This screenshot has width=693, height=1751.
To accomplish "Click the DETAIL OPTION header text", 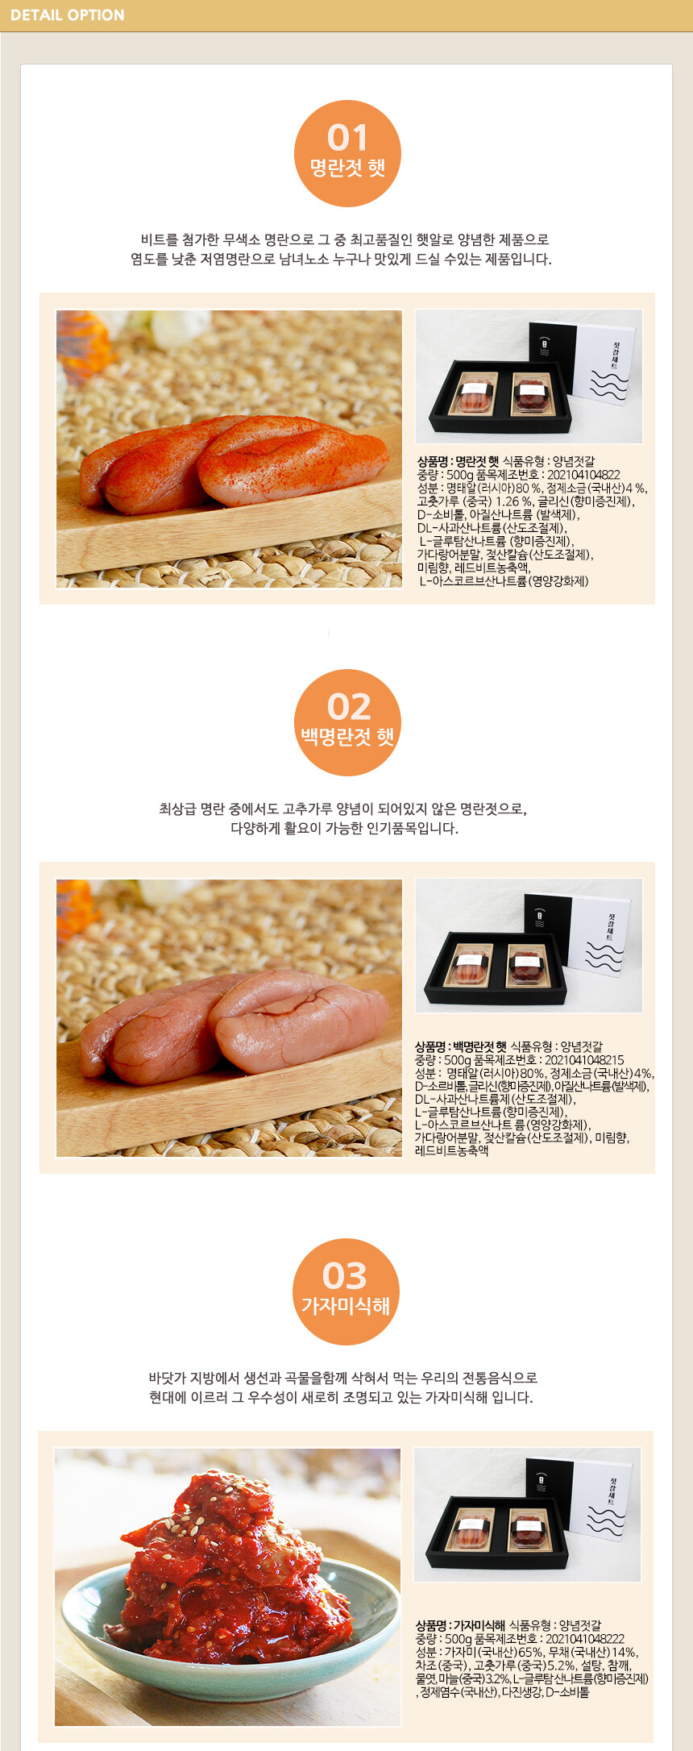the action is tap(68, 15).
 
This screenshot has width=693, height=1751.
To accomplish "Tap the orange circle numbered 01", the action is tap(347, 153).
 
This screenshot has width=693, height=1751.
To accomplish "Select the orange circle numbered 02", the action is tap(347, 722).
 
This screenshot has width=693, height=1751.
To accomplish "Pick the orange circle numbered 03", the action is tap(346, 1291).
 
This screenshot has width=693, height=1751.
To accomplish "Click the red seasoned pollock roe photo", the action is tap(230, 449).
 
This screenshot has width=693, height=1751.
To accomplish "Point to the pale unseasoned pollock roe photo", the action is tap(230, 1018).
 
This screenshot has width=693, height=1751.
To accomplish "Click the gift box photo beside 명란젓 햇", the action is tap(529, 376).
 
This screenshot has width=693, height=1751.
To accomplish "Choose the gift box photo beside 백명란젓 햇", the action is tap(529, 946).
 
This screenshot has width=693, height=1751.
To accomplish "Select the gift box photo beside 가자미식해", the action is tap(528, 1515).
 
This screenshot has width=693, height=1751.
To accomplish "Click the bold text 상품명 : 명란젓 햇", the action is tap(458, 462).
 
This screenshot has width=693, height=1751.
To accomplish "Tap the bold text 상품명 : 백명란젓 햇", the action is tap(461, 1047).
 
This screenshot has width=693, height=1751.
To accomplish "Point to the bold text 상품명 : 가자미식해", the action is tap(460, 1625).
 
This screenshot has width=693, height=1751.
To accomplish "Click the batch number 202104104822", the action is tap(583, 475).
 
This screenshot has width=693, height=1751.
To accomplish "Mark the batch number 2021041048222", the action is tap(585, 1639).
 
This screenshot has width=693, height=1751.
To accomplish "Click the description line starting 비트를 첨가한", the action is tap(345, 239).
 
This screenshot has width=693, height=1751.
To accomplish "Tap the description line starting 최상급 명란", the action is tap(343, 809).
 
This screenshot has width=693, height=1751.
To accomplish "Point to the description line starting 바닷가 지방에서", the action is tap(343, 1378).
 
